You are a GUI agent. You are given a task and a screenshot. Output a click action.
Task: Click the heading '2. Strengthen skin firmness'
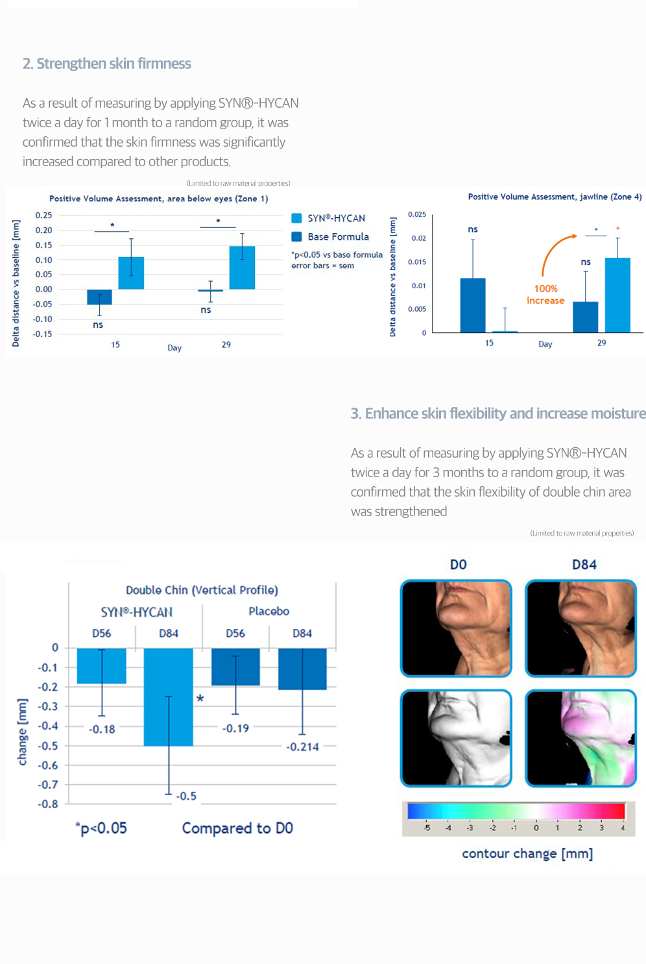click(x=107, y=64)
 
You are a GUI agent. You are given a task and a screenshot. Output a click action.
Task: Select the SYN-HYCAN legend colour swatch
click(x=296, y=218)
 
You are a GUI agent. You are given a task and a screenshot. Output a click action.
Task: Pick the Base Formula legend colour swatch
click(x=296, y=237)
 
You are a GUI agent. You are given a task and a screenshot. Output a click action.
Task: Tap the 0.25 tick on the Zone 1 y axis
click(x=43, y=216)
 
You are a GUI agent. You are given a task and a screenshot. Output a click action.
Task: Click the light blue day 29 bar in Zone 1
click(x=242, y=267)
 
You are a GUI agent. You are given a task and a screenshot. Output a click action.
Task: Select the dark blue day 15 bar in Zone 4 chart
click(x=473, y=305)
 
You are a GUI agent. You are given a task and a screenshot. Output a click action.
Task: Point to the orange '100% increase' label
click(x=545, y=294)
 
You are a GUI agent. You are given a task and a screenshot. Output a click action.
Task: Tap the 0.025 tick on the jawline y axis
click(x=417, y=214)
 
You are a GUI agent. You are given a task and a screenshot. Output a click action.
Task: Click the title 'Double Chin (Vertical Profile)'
click(x=202, y=590)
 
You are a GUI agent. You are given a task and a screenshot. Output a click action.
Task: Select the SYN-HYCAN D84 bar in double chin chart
click(x=169, y=697)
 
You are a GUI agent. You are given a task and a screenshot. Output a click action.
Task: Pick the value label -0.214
click(x=303, y=747)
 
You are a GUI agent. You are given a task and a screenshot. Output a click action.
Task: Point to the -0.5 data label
click(x=186, y=796)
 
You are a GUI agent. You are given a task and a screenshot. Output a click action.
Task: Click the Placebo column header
click(x=269, y=612)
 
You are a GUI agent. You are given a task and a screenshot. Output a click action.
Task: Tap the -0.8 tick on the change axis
click(x=48, y=804)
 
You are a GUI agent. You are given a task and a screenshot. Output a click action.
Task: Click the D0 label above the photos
click(x=458, y=565)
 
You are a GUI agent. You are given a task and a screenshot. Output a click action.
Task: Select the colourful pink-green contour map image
click(x=580, y=738)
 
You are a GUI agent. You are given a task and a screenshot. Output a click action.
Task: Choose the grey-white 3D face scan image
click(x=456, y=738)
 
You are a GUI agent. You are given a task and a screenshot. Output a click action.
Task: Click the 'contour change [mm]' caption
click(x=527, y=854)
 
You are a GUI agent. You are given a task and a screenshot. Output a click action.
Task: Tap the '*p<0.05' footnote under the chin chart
click(x=101, y=828)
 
